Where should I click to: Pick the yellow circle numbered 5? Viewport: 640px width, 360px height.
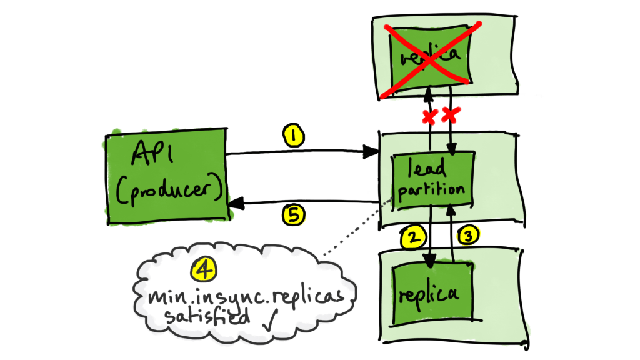[293, 216]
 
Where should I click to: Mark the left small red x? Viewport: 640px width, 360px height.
[429, 117]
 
